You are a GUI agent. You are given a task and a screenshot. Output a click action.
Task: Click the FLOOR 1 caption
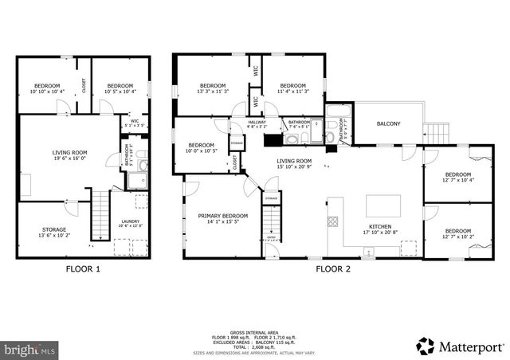[83, 269]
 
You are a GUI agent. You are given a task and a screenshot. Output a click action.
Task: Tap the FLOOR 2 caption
[334, 269]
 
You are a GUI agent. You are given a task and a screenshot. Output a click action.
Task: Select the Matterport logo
[461, 346]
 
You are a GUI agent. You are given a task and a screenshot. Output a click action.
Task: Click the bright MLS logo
[30, 349]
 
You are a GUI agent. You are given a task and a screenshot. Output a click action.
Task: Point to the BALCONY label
[388, 123]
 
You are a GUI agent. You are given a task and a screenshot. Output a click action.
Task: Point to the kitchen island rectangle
[382, 205]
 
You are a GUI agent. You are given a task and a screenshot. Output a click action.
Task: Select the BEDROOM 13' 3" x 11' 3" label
[214, 88]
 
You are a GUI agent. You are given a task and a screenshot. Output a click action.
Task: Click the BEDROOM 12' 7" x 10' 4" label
[457, 178]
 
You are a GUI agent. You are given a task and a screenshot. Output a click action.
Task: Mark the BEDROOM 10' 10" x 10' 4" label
[47, 88]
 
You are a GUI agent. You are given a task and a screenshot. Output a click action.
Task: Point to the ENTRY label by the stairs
[270, 237]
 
